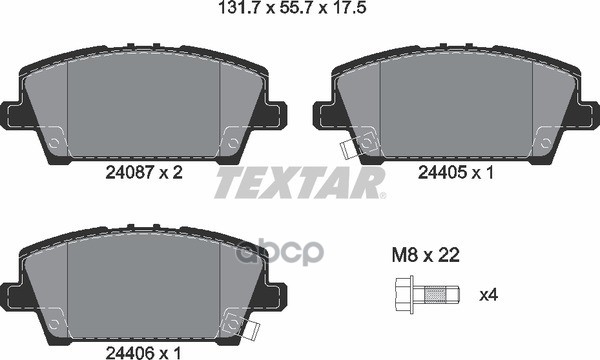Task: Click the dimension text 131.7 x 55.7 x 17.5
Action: click(299, 11)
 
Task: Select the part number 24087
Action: click(127, 172)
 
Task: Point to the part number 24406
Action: click(127, 351)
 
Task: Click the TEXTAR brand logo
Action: click(301, 184)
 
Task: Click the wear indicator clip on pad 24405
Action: click(350, 150)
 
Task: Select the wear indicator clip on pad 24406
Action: click(238, 326)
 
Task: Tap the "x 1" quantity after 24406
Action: click(170, 351)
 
